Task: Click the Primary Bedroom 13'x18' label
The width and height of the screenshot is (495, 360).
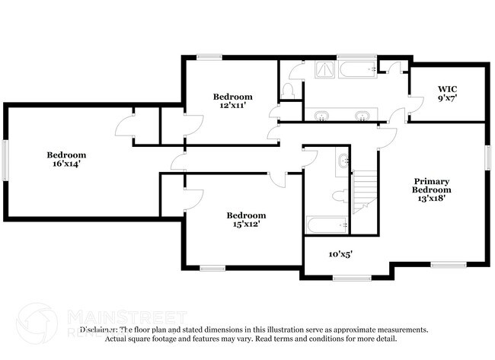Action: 431,190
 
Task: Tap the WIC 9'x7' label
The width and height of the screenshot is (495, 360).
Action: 447,93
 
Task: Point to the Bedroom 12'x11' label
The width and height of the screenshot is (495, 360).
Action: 232,100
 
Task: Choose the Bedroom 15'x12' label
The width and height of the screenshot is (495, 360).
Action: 246,219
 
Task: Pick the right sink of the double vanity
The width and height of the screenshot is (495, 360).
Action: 362,116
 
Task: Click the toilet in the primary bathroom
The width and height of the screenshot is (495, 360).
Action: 289,91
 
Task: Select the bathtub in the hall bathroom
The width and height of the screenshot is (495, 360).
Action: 327,225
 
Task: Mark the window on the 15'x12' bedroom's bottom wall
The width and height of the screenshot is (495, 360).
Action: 212,268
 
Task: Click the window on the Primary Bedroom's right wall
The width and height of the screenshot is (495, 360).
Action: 487,156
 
